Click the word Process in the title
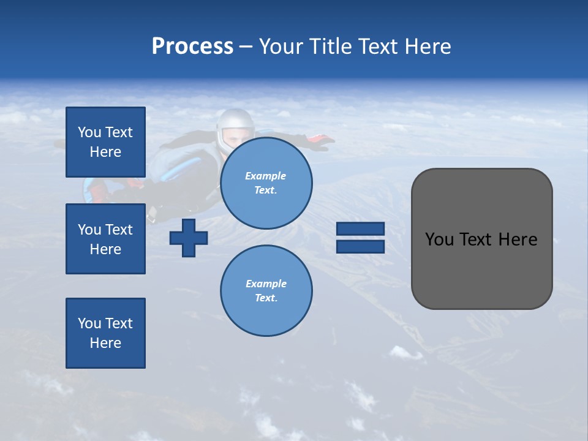pos(192,47)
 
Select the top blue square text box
pos(105,142)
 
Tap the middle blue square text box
pos(105,239)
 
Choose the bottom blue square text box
pos(105,333)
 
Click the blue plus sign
pos(189,238)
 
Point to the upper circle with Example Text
pos(266,183)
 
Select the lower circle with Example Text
pos(266,291)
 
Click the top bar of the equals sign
pos(360,229)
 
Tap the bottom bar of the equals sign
pos(360,247)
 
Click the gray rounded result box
pos(481,239)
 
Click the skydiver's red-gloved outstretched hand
pos(320,141)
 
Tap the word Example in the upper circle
pos(266,176)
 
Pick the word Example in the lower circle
pos(266,284)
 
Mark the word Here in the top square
pos(105,152)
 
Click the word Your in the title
pos(280,47)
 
